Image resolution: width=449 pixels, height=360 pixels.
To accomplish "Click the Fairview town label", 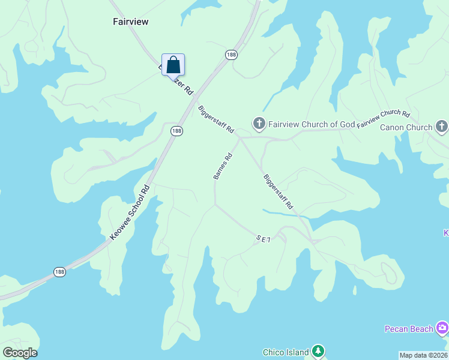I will pos(130,22).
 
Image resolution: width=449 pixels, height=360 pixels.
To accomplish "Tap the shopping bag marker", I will pos(173,65).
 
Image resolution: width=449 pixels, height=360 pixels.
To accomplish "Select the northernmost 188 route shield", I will pos(231,55).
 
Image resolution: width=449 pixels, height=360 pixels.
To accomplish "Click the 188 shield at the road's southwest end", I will pos(59,272).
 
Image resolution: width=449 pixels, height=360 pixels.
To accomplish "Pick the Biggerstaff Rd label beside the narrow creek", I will pos(279,191).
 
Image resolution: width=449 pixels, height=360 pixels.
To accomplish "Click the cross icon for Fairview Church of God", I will pos(259,124).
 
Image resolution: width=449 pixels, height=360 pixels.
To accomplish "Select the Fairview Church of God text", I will pos(312,125).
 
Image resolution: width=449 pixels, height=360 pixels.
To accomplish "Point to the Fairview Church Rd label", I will pos(383,119).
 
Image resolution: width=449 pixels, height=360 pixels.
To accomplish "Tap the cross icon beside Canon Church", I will pos(442,126).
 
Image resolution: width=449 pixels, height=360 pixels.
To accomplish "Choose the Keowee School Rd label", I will pos(130,213).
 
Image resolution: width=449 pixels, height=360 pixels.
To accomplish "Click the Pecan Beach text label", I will pos(409,329).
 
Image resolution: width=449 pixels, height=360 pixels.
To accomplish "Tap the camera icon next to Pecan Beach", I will pos(442,328).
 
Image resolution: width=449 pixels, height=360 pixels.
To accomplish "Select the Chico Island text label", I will pos(286,352).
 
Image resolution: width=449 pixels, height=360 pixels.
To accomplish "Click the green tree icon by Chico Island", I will pos(318,352).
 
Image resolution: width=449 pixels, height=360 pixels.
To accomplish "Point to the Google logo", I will pos(20,353).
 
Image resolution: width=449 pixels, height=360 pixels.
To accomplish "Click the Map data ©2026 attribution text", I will pos(423,355).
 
